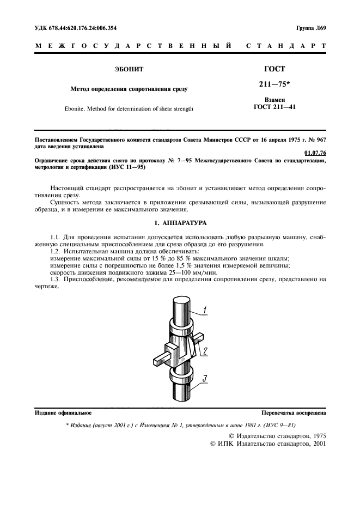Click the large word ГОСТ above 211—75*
pos(274,70)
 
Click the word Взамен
pos(274,100)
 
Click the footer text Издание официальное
pos(63,413)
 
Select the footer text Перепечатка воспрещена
pos(294,413)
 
